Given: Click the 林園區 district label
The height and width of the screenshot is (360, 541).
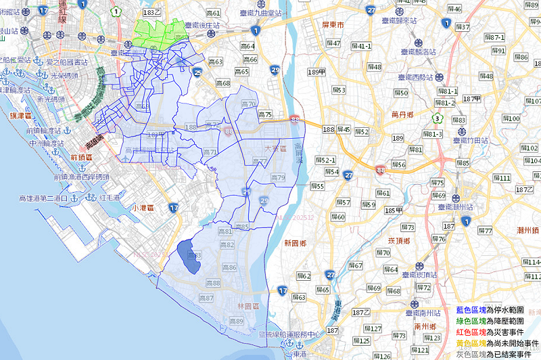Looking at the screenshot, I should pos(249,306).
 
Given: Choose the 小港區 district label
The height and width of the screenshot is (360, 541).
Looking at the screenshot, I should pos(145,208).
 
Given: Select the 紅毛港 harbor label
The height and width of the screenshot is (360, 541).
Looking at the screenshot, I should pos(103,198).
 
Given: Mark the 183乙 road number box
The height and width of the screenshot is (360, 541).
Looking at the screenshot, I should pos(154,13).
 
